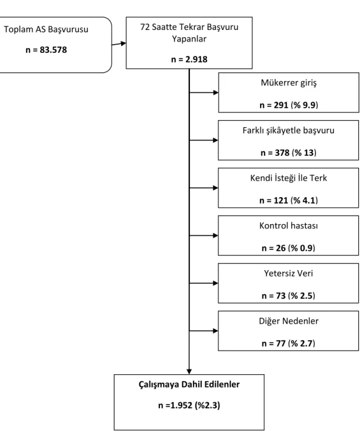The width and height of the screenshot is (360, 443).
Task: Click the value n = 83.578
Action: tap(46, 50)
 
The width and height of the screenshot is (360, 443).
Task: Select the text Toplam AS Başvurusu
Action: tap(46, 29)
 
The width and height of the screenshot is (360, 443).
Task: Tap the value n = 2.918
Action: tap(189, 59)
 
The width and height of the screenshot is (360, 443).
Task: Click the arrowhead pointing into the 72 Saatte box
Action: tap(123, 43)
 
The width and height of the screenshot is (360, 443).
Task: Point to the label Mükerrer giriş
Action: tap(288, 83)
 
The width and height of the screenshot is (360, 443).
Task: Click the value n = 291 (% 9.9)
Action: tap(288, 105)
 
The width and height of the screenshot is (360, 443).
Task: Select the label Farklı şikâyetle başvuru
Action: tap(288, 131)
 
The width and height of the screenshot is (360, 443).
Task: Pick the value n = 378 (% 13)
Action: tap(288, 153)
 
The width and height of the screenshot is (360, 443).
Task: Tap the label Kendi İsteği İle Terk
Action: tap(288, 178)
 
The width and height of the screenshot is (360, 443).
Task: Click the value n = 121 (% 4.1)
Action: tap(288, 200)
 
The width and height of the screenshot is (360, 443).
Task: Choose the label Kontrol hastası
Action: tap(288, 226)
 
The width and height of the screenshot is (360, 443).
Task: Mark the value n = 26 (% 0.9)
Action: tap(288, 248)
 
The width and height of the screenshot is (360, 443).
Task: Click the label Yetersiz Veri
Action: tap(288, 273)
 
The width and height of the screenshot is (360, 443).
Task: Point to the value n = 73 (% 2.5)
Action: tap(288, 296)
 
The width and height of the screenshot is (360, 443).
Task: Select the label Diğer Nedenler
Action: tap(288, 321)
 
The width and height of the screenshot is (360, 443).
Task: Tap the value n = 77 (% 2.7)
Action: tap(288, 344)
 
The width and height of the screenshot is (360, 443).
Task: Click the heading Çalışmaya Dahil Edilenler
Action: tap(189, 385)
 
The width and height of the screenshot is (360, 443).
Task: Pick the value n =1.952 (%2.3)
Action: tap(189, 405)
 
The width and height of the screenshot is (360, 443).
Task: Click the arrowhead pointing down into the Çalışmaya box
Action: tap(189, 372)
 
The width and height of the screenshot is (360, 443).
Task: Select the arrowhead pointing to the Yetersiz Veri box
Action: tap(215, 283)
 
